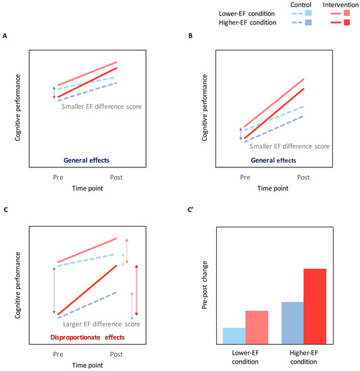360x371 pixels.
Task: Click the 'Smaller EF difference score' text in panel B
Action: (x=290, y=146)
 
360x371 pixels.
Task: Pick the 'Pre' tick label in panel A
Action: (x=58, y=177)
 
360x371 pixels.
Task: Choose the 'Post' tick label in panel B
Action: (x=303, y=177)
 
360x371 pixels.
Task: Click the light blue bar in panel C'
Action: (x=234, y=335)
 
